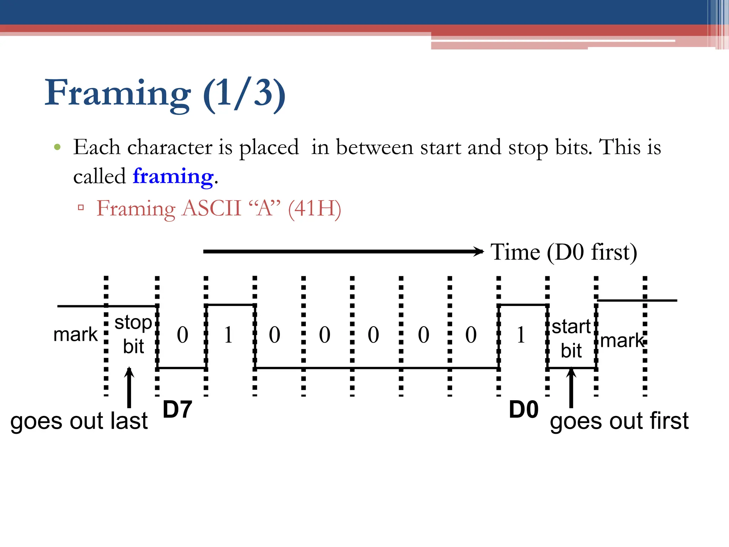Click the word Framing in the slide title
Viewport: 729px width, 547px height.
click(117, 93)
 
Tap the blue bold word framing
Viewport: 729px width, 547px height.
click(173, 176)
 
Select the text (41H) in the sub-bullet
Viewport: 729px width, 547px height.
click(315, 208)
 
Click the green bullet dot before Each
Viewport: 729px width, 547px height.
click(57, 147)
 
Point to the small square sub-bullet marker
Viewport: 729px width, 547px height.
click(81, 208)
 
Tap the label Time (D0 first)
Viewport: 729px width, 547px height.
click(564, 252)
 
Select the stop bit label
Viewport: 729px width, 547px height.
click(133, 334)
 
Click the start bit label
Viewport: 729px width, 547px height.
click(571, 338)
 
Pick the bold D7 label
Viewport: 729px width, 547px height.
click(177, 410)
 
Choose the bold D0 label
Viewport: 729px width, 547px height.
click(523, 410)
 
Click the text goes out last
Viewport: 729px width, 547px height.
click(79, 421)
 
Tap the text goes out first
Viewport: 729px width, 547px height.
click(619, 421)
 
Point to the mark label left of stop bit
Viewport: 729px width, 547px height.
click(75, 335)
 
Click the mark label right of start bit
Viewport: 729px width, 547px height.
click(622, 341)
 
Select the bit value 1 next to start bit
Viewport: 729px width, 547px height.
click(521, 335)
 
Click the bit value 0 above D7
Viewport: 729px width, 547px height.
click(183, 335)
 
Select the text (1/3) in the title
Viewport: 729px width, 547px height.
click(244, 93)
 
